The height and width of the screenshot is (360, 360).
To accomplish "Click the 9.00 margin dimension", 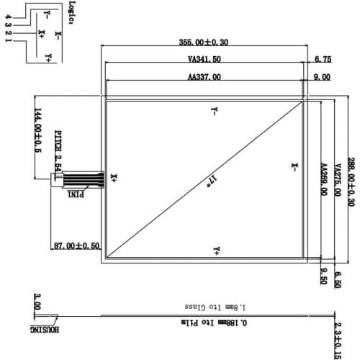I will [322, 76].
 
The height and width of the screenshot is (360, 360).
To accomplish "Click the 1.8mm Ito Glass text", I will [205, 305].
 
